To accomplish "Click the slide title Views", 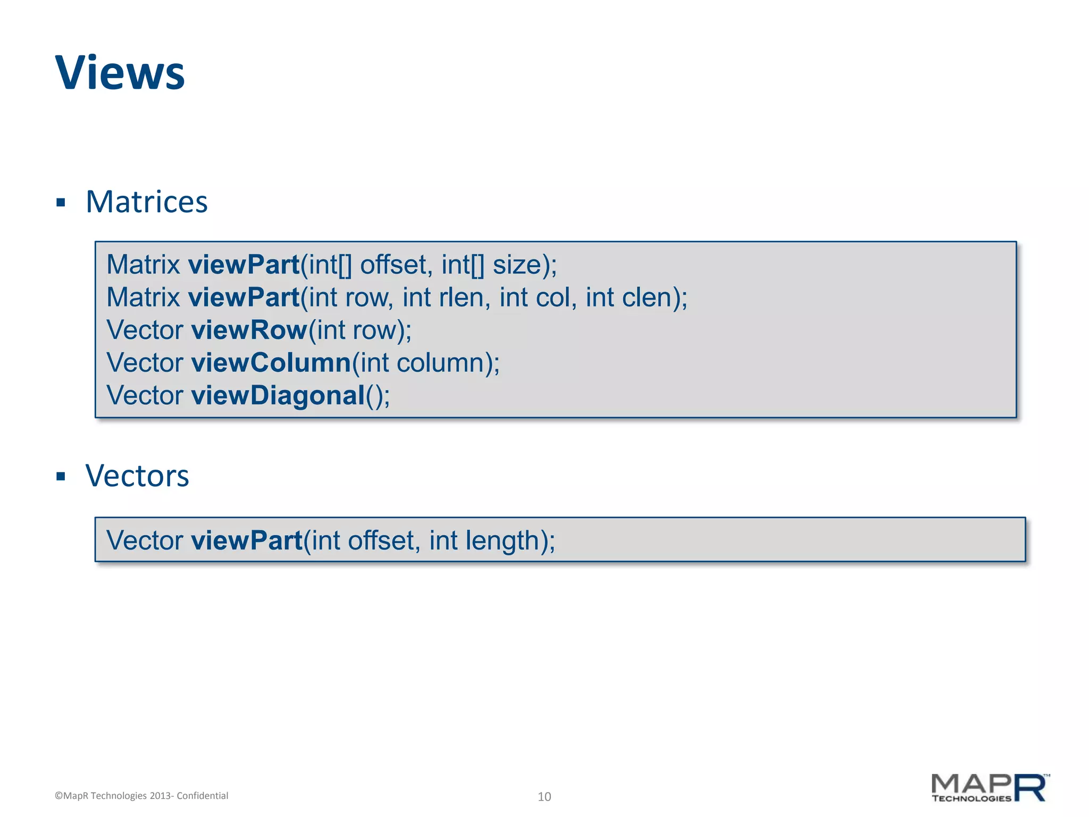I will point(120,73).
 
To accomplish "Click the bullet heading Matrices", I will point(146,202).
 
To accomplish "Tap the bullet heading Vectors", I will point(137,476).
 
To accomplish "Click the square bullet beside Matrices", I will point(61,203).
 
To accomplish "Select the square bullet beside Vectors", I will point(61,476).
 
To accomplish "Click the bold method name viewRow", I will point(249,330).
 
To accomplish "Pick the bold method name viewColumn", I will point(271,363).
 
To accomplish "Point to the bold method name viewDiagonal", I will point(278,396).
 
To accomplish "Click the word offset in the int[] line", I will point(393,265).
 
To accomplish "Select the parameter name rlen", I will point(464,297).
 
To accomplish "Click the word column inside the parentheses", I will point(443,363).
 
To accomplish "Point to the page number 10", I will point(544,796).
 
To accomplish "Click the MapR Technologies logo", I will point(990,788).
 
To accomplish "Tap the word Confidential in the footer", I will point(202,796).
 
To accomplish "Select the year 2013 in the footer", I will point(160,796).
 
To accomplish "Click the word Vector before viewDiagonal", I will point(145,396).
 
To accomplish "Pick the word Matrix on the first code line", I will point(143,265).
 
